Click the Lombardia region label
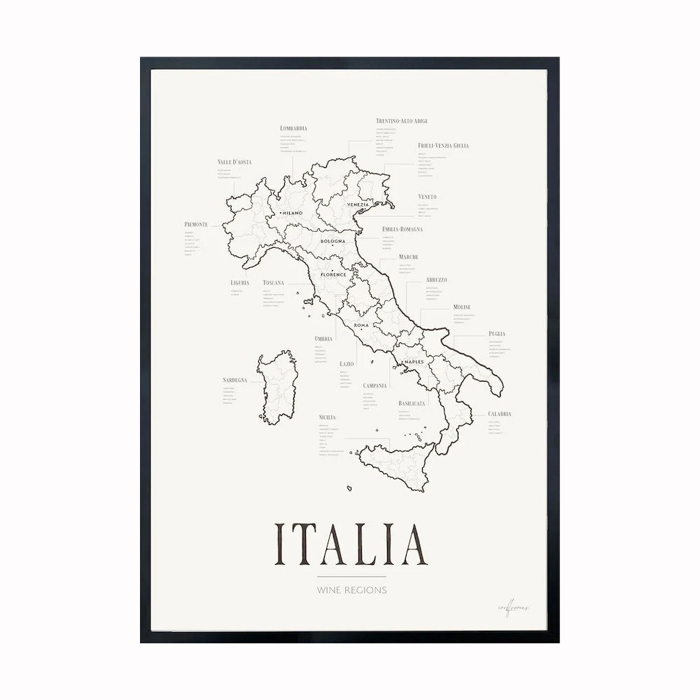click(x=293, y=128)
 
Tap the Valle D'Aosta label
click(x=234, y=162)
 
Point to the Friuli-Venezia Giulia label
click(x=443, y=146)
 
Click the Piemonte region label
click(x=196, y=224)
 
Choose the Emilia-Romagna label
click(x=402, y=229)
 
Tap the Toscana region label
click(x=274, y=283)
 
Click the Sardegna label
click(x=235, y=380)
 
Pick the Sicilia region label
click(x=327, y=417)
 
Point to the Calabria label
click(x=500, y=414)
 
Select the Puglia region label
click(x=497, y=334)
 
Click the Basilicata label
click(x=413, y=404)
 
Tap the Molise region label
click(x=461, y=307)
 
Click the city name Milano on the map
click(x=292, y=212)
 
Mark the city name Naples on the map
click(x=414, y=361)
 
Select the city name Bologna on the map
click(x=333, y=241)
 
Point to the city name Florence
click(x=333, y=274)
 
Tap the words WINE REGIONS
click(x=351, y=590)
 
